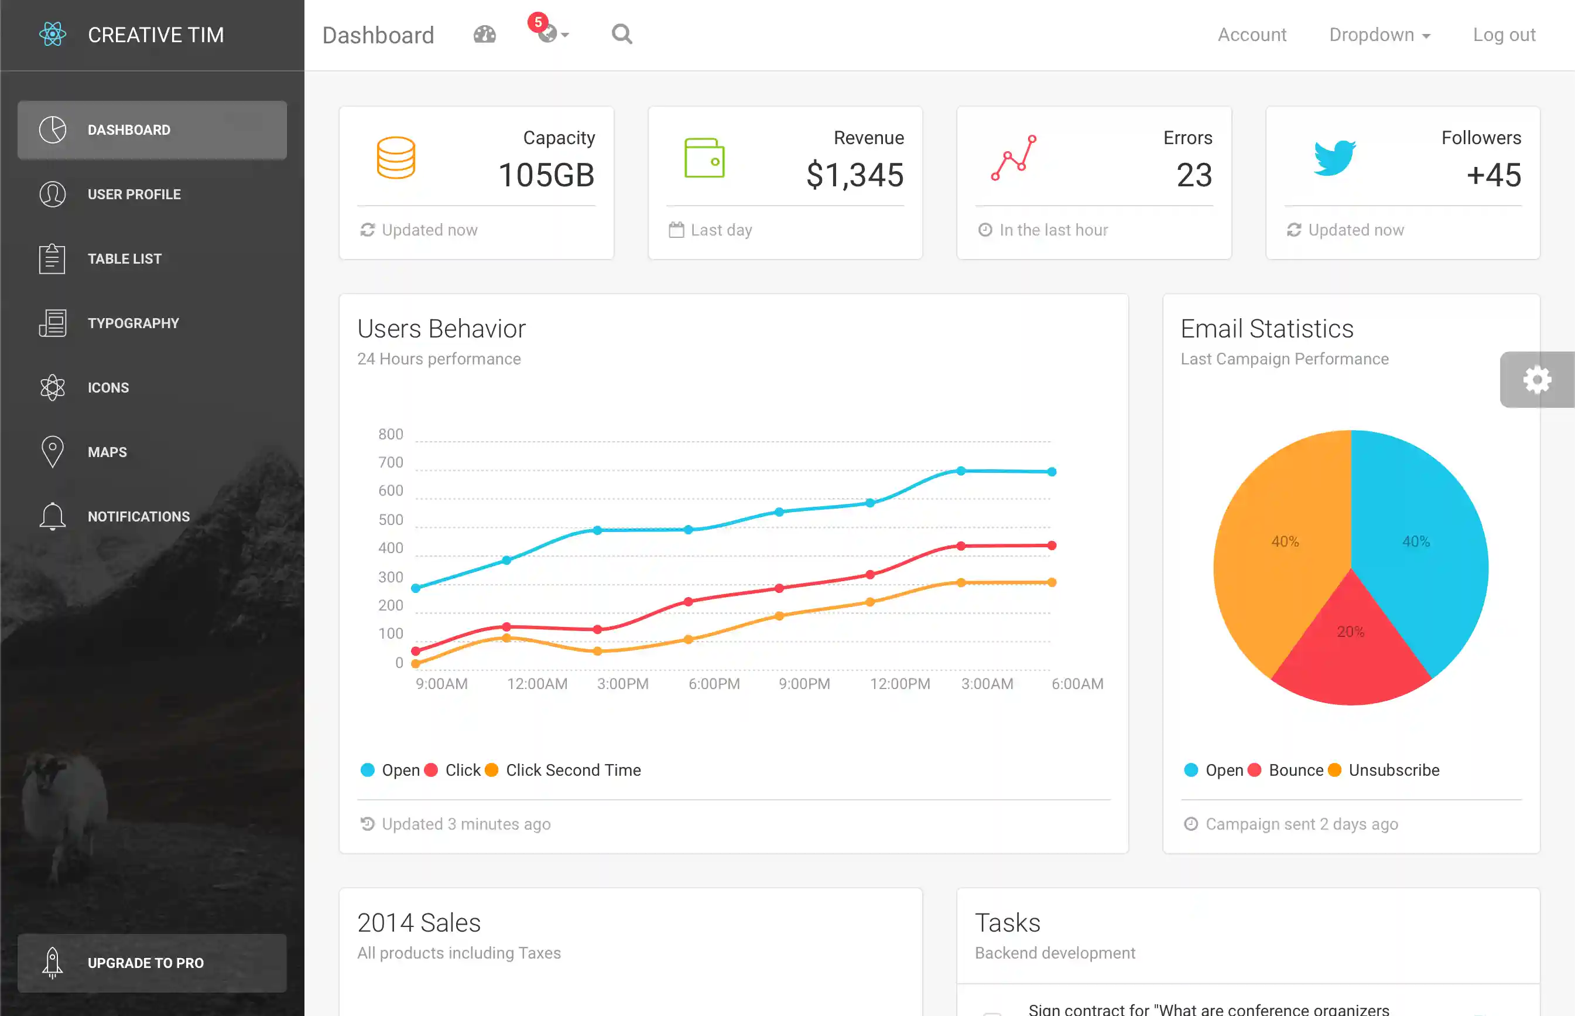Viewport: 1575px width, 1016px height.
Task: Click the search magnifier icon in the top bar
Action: (x=621, y=33)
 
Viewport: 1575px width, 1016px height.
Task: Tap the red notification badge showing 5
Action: (x=538, y=22)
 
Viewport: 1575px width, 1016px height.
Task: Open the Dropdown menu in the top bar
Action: (x=1379, y=35)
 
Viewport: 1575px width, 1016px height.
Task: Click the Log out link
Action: (x=1504, y=35)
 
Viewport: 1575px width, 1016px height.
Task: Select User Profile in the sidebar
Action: (x=134, y=194)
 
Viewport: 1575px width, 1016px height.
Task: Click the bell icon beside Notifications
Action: (x=52, y=516)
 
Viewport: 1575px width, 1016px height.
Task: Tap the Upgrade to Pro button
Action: (x=152, y=963)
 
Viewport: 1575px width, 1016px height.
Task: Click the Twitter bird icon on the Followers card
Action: (x=1334, y=158)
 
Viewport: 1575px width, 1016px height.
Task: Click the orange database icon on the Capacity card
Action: (x=396, y=158)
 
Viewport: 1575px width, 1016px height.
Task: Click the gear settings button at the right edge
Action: (x=1537, y=380)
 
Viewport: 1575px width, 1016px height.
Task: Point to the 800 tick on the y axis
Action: (x=391, y=434)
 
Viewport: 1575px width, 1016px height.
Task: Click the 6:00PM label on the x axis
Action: (x=714, y=684)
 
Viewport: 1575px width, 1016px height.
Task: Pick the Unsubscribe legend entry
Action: (x=1393, y=770)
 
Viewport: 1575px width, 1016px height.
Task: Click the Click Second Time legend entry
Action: (x=572, y=770)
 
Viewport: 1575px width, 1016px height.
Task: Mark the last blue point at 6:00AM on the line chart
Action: (x=1052, y=472)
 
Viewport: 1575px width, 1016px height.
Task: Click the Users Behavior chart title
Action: (x=441, y=329)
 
